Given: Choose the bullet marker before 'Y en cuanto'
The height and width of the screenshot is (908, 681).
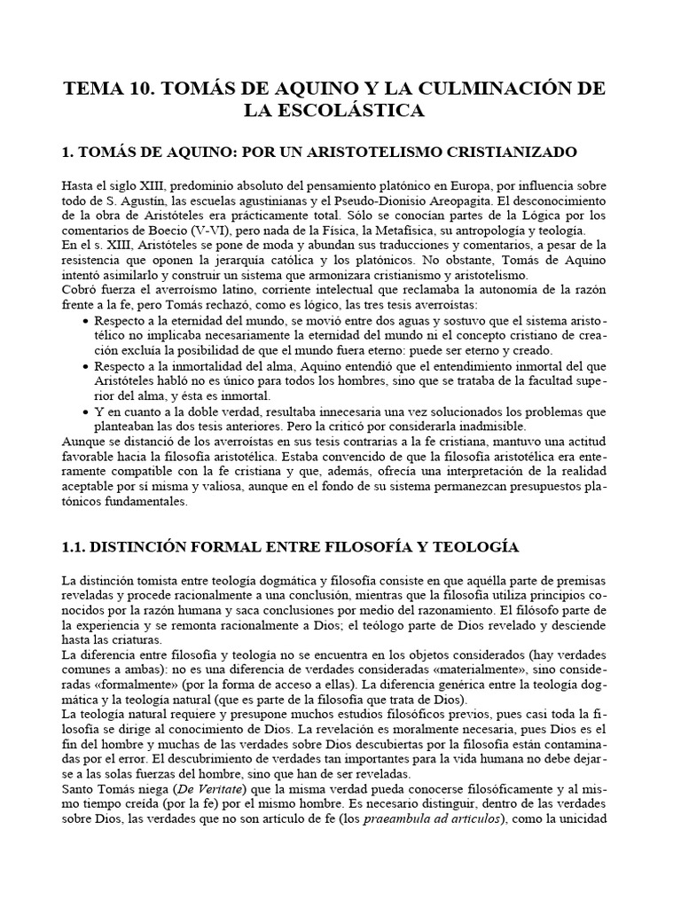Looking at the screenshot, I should pyautogui.click(x=84, y=411).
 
